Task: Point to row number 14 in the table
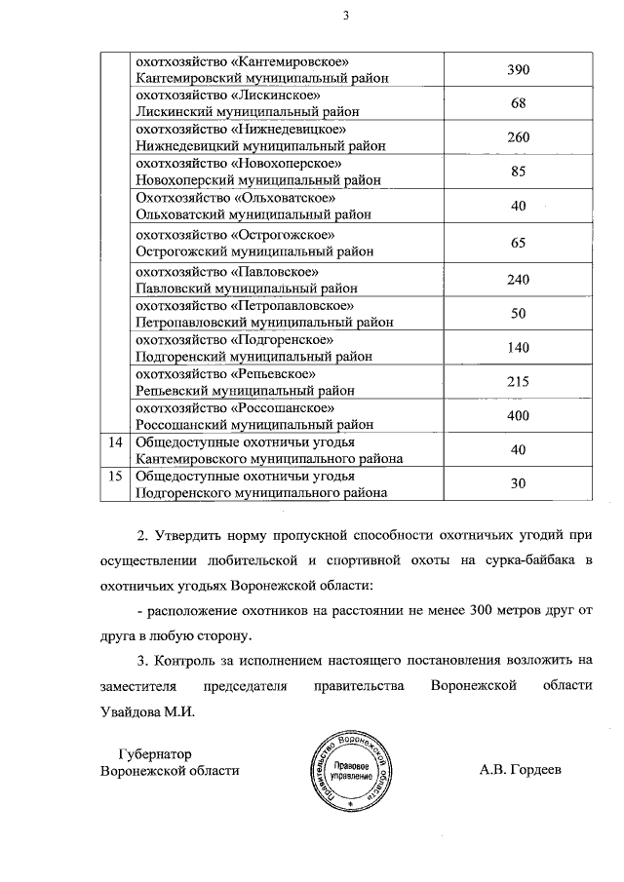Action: coord(116,441)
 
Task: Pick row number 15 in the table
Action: coord(116,476)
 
